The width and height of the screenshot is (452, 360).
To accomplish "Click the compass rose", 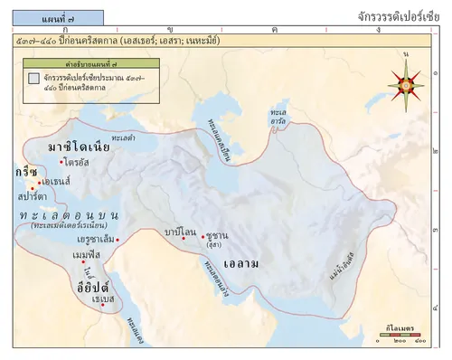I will (404, 84).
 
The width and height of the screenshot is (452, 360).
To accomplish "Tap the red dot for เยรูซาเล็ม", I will (118, 238).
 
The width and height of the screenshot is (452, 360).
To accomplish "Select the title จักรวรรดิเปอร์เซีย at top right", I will (398, 17).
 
